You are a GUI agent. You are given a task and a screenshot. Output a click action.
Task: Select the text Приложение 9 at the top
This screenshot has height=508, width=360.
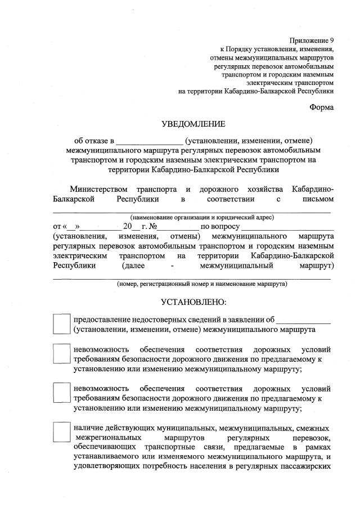[312, 41]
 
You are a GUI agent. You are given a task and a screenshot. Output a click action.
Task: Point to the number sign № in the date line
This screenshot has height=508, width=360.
[153, 227]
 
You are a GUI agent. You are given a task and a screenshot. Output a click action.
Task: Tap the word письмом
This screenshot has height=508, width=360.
[316, 199]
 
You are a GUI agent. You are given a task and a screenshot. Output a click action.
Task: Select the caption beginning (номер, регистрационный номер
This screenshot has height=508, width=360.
[202, 284]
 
